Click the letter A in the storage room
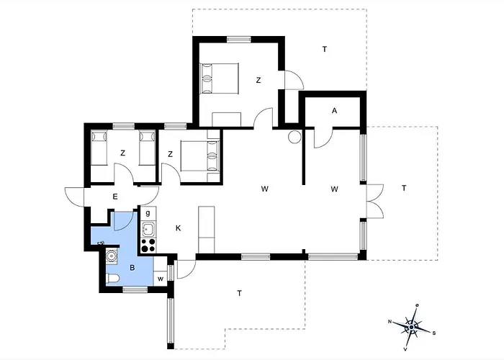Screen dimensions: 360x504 [x=334, y=110]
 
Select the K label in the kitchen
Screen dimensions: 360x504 [x=178, y=228]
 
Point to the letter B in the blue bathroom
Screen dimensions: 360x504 [x=132, y=267]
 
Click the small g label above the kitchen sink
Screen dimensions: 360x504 [x=147, y=213]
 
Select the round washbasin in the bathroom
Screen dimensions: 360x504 [x=112, y=254]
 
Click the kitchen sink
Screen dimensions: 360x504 [x=148, y=230]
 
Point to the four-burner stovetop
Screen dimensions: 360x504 [x=148, y=246]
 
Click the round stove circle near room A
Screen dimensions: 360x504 [x=294, y=137]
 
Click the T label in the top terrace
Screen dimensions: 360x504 [x=325, y=49]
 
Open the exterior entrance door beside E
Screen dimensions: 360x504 [x=74, y=195]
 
